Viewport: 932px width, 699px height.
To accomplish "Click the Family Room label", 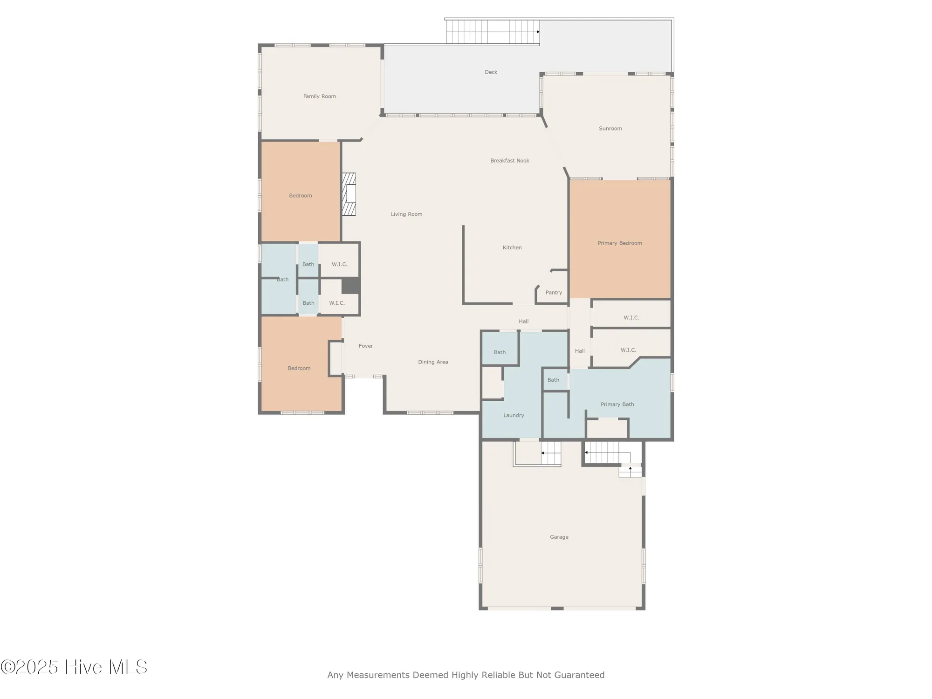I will click(x=319, y=96).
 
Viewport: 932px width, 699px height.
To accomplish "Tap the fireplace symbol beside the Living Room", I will click(x=349, y=194).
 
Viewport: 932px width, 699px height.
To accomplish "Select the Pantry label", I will click(x=554, y=293).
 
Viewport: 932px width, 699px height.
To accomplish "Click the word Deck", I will click(x=491, y=72).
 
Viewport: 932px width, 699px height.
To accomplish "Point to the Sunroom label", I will click(x=610, y=129).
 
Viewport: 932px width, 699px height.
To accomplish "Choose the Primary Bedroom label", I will click(x=620, y=243).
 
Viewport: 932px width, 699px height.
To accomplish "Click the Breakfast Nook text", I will click(x=509, y=161).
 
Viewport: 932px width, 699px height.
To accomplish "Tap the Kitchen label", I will click(x=512, y=247).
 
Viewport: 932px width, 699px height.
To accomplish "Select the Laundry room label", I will click(x=514, y=415).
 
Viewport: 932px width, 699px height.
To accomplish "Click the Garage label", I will click(x=559, y=537).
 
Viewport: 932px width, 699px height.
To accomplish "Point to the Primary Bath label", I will click(x=617, y=404).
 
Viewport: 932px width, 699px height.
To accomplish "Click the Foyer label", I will click(x=366, y=346).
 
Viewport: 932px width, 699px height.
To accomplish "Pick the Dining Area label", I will click(x=433, y=362).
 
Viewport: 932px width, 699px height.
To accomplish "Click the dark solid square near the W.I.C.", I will click(x=350, y=286).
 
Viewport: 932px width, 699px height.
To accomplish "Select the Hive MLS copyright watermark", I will click(x=75, y=667).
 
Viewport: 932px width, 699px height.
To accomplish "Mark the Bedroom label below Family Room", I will click(x=300, y=196).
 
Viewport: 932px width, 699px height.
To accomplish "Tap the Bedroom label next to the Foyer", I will click(x=299, y=368).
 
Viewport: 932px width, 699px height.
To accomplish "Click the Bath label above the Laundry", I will click(x=500, y=352).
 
